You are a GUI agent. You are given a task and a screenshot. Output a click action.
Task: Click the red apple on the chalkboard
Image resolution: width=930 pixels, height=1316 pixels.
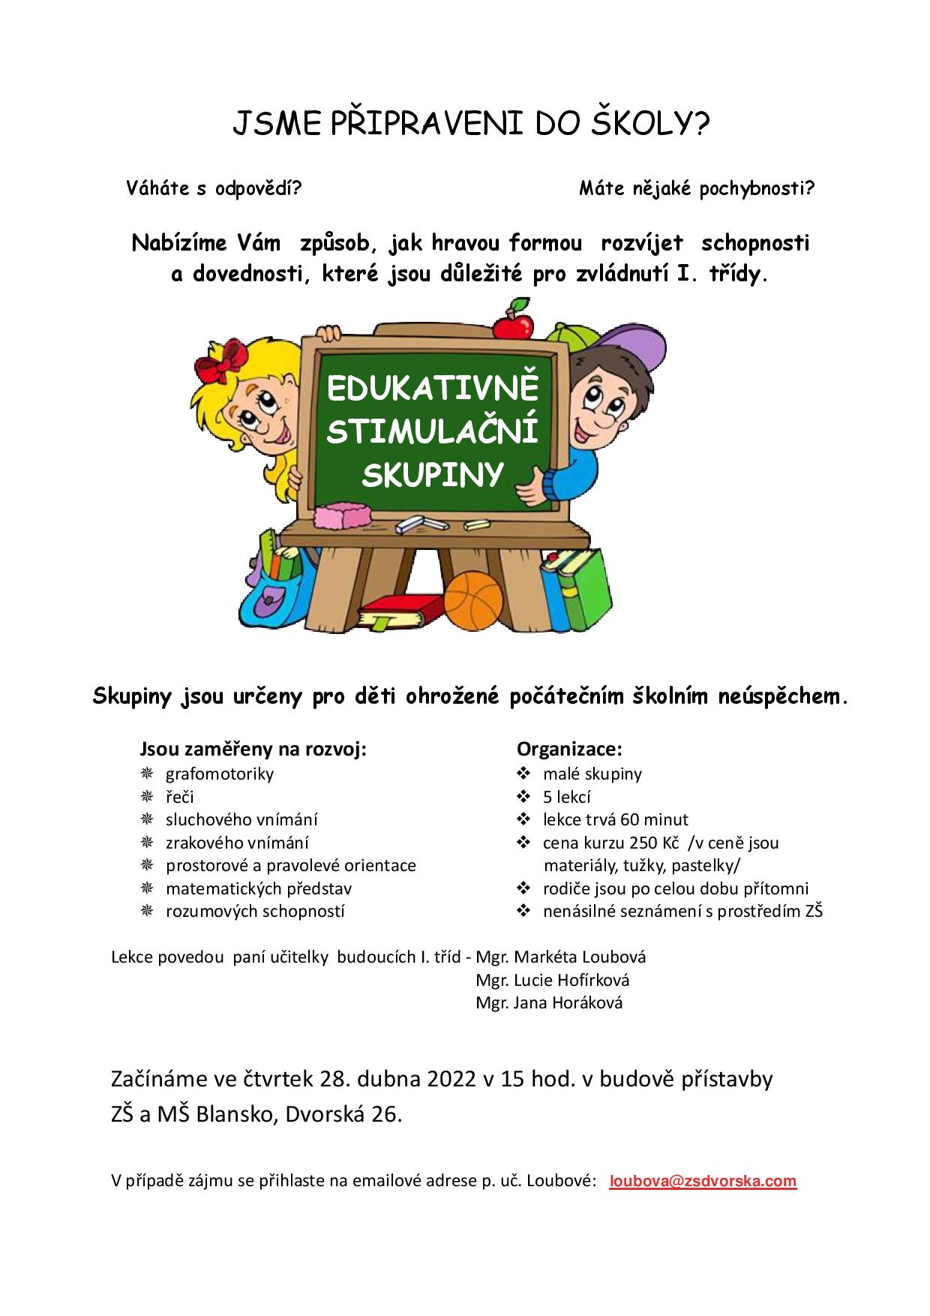point(513,323)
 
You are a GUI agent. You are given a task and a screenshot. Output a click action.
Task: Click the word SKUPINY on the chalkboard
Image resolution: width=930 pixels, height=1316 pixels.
point(432,474)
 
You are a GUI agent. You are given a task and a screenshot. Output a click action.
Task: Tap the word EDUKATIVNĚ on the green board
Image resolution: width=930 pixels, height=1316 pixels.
point(433,389)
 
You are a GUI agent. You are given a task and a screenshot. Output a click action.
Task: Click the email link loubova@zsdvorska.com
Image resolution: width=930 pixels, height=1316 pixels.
point(703,1181)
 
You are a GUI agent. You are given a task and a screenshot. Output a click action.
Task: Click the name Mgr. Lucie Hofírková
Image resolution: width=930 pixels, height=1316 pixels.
point(552,980)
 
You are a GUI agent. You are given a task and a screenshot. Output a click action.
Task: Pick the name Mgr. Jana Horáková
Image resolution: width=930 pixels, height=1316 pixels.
point(549,1003)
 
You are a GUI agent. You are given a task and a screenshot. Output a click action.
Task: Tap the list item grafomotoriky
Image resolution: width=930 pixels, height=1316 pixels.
point(219,774)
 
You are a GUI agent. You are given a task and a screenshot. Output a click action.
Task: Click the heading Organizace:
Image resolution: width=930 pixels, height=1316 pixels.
point(569,749)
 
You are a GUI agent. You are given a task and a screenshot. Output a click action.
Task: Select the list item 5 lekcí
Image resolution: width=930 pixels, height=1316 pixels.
point(567,797)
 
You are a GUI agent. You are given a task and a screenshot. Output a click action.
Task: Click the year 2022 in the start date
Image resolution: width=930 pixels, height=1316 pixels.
point(451,1079)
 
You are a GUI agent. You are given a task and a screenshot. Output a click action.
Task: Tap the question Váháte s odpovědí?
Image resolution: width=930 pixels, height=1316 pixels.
point(214,188)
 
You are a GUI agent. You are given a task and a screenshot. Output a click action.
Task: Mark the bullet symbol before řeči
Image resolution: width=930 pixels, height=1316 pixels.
point(147,797)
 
